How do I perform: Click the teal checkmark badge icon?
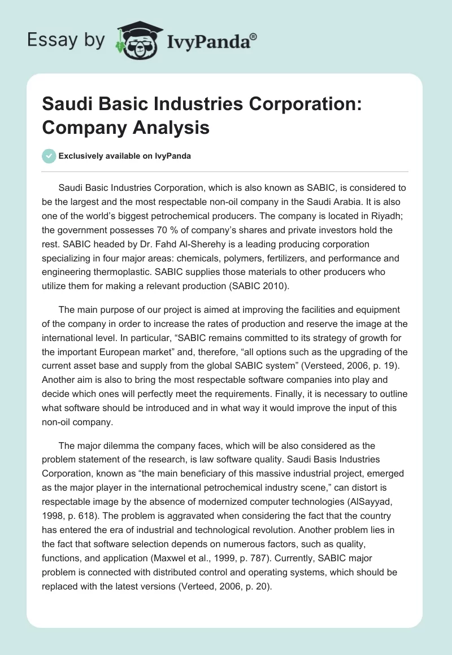[49, 156]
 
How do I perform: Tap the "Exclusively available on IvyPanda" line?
[124, 156]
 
